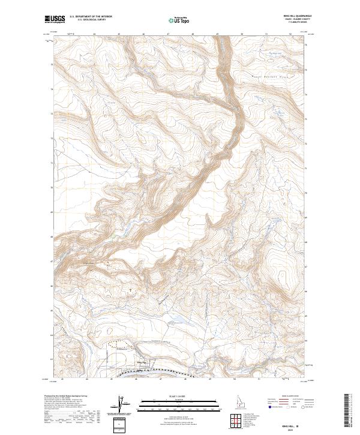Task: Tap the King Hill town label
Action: (142, 362)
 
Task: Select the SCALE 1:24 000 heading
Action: (179, 397)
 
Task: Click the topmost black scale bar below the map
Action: (179, 400)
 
